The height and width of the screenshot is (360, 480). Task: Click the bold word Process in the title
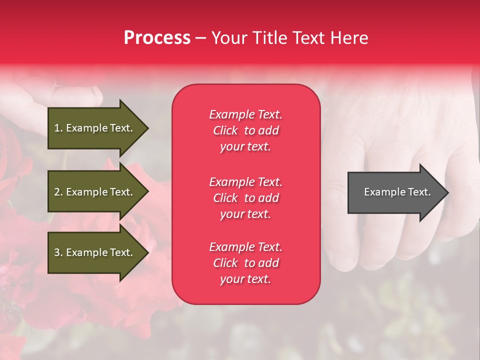157,38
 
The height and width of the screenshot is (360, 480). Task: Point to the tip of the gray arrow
447,192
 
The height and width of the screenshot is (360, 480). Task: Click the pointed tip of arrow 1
148,128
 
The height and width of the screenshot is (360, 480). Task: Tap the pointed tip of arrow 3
148,252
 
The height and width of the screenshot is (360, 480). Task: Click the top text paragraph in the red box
245,130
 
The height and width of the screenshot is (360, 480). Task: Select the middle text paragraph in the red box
245,198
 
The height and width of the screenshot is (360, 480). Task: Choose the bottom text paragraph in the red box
245,263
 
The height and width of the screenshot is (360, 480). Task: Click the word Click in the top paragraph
225,130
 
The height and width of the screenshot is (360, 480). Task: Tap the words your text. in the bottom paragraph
245,279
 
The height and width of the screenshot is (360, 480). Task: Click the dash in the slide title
200,38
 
